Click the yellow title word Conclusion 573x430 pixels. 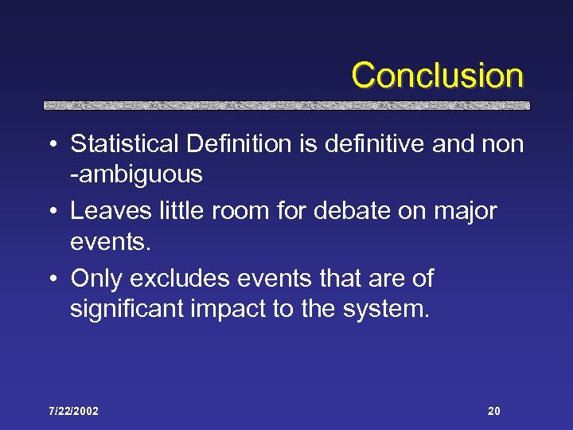pyautogui.click(x=437, y=76)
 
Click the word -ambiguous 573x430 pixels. pyautogui.click(x=136, y=174)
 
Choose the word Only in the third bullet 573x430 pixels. pyautogui.click(x=97, y=279)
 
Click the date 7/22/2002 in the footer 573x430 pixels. pyautogui.click(x=72, y=412)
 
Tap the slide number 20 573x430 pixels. pyautogui.click(x=494, y=412)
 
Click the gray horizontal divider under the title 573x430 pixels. pyautogui.click(x=286, y=105)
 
